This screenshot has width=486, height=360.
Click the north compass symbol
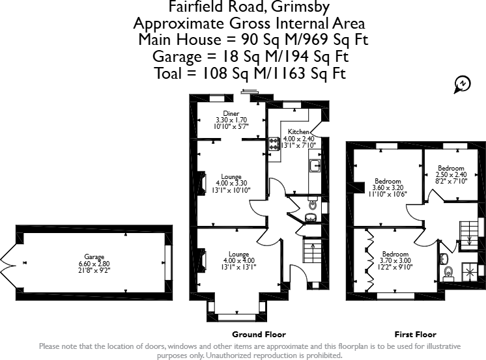(x=462, y=84)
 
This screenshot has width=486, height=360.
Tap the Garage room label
(x=94, y=257)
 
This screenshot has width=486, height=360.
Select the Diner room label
(x=231, y=113)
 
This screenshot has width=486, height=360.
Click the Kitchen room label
(x=298, y=132)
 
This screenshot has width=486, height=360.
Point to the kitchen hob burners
(x=274, y=144)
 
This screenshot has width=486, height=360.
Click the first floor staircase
(x=469, y=235)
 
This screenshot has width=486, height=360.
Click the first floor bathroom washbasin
(x=444, y=258)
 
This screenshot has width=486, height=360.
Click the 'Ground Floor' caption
(x=259, y=335)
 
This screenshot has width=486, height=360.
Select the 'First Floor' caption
(x=416, y=335)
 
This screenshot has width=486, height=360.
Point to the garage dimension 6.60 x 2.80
(x=94, y=264)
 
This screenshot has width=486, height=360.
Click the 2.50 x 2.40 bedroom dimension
(x=451, y=174)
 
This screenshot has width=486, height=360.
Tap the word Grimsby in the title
(x=300, y=7)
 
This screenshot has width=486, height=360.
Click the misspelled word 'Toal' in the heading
(x=167, y=74)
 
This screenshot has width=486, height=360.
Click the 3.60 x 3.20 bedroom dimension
(x=388, y=187)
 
